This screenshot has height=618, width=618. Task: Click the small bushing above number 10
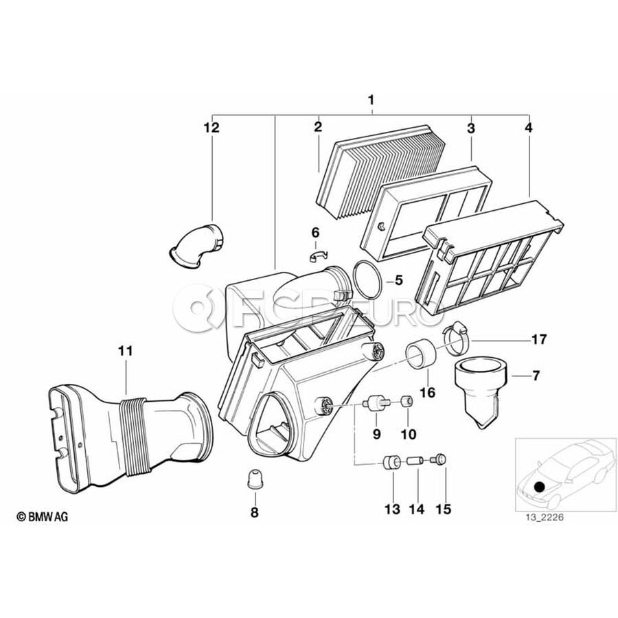[x=407, y=401]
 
